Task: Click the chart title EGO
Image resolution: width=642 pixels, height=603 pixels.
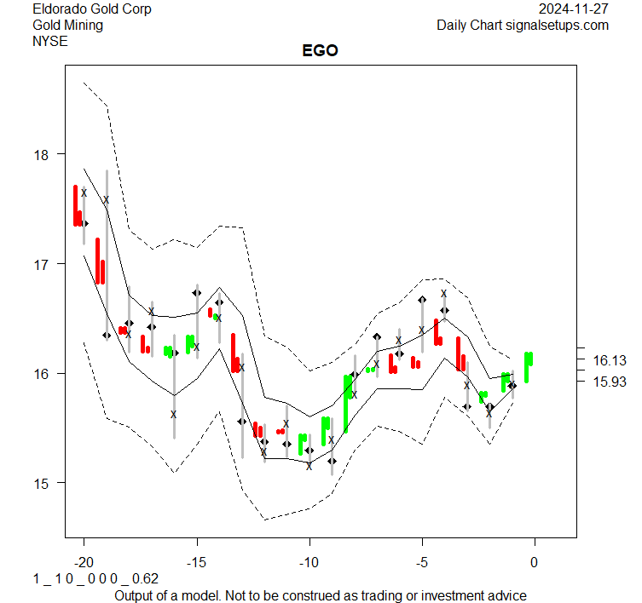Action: [320, 50]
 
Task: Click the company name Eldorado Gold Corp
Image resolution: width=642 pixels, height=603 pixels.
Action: [92, 9]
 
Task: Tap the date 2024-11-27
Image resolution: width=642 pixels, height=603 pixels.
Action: [574, 9]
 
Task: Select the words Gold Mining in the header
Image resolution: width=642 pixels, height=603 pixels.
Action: [67, 26]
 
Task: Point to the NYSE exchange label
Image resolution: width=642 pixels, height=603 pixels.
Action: [50, 41]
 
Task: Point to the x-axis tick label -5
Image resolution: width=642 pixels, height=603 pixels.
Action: [420, 562]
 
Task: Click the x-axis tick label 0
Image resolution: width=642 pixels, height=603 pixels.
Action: [535, 562]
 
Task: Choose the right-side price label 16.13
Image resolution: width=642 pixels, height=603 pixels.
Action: [609, 360]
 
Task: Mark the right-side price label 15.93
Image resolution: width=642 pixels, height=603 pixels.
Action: [609, 381]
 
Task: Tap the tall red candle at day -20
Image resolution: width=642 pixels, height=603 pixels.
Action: [76, 205]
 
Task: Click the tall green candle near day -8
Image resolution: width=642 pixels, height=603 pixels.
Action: [347, 400]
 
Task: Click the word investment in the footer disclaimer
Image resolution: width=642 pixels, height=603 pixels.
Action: [447, 595]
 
